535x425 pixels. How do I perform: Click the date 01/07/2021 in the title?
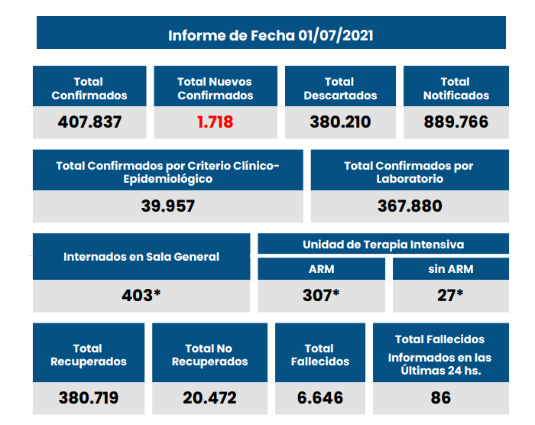[336, 35]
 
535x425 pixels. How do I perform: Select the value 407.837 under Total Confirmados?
[89, 122]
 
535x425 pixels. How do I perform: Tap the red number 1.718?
[215, 122]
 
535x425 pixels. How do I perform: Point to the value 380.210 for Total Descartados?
[340, 122]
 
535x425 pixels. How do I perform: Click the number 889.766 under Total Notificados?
[456, 122]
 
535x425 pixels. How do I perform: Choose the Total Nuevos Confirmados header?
[215, 89]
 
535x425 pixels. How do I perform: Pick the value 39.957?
[168, 206]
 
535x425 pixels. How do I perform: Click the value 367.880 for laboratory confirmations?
[410, 206]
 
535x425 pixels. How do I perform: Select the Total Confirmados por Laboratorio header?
[409, 172]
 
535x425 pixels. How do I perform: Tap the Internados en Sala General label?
[141, 257]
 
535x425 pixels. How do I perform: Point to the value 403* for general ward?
[141, 295]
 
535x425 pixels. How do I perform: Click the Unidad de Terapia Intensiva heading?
[383, 245]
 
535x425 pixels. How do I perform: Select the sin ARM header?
[450, 269]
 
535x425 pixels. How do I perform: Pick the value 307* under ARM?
[321, 295]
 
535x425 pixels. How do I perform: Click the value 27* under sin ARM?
[450, 295]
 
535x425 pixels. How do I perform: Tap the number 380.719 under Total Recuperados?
[89, 397]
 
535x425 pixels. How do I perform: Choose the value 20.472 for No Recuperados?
[209, 397]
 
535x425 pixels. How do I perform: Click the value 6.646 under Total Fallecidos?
[320, 397]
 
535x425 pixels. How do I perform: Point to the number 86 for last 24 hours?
[440, 397]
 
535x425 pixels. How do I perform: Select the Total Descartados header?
[340, 89]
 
